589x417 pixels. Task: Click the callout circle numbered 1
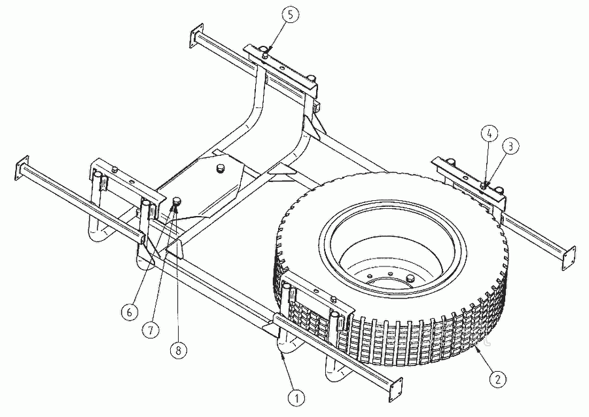296,398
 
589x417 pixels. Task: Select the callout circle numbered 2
498,378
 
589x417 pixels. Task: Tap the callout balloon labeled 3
511,147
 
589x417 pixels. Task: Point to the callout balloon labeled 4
490,134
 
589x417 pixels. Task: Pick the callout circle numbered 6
130,312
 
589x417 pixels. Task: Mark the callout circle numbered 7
151,329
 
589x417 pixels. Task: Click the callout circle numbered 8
178,350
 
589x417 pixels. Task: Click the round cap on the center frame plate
219,168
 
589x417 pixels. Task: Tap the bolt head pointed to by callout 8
177,202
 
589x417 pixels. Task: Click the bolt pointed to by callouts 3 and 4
484,185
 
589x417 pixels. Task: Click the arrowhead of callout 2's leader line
477,349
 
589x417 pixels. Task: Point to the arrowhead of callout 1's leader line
281,354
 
